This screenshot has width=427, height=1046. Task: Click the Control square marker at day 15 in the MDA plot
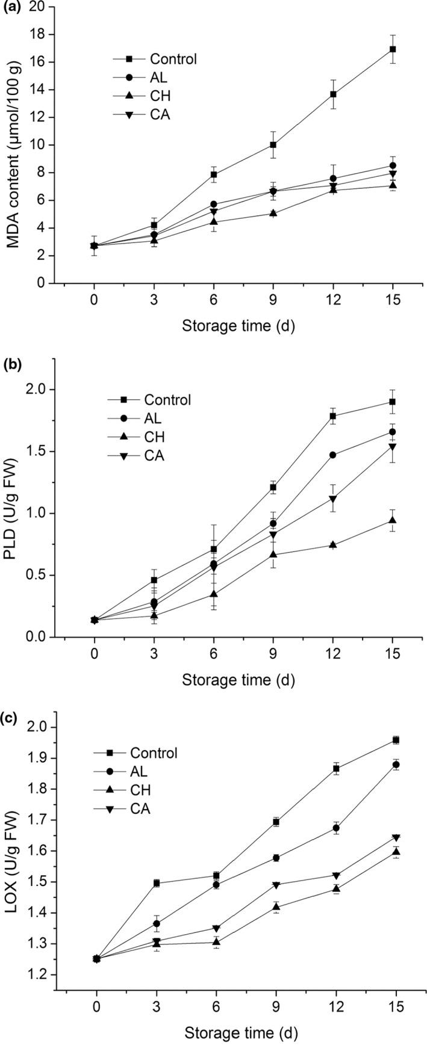click(393, 49)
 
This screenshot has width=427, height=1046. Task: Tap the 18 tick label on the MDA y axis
click(38, 34)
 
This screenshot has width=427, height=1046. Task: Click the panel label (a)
click(11, 8)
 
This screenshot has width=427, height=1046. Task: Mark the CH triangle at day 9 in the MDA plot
click(273, 213)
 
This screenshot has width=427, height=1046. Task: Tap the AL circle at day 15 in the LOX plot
click(396, 765)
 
